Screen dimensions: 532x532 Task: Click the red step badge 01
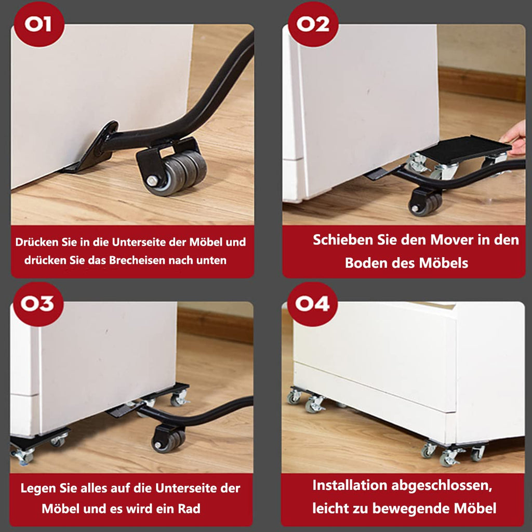pyautogui.click(x=38, y=24)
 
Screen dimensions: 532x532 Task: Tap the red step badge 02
pyautogui.click(x=313, y=24)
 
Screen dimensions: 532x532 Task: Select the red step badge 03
pyautogui.click(x=38, y=303)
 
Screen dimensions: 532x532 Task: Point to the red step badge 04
pyautogui.click(x=312, y=303)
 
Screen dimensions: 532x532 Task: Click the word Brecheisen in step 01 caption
pyautogui.click(x=137, y=260)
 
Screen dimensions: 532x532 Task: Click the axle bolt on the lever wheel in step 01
pyautogui.click(x=151, y=180)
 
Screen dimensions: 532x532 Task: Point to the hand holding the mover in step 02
pyautogui.click(x=514, y=138)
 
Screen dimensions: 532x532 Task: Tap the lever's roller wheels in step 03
pyautogui.click(x=169, y=441)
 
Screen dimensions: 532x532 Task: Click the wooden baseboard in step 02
pyautogui.click(x=482, y=84)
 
